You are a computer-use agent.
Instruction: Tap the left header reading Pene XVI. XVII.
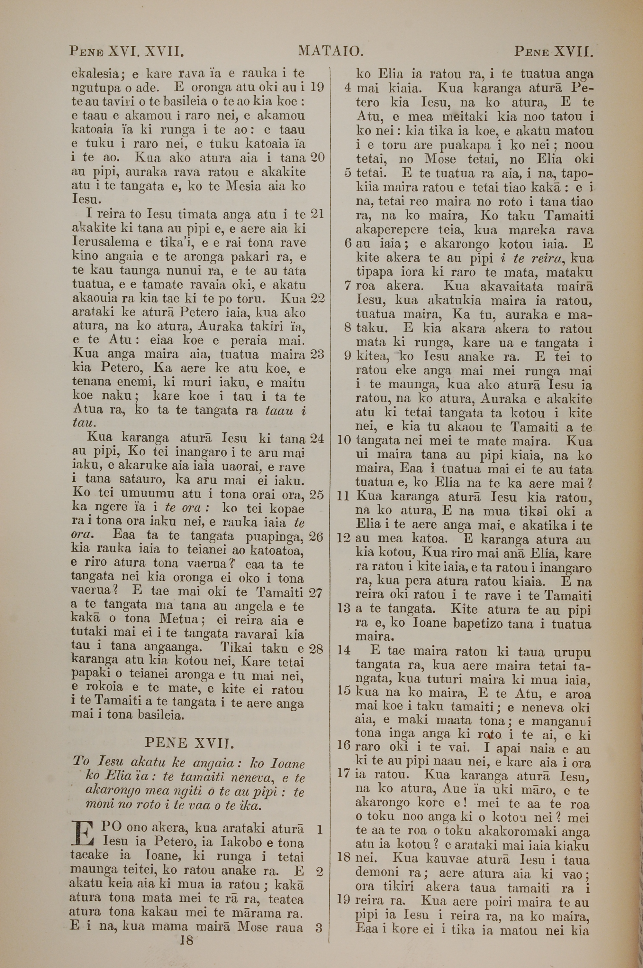[127, 52]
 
